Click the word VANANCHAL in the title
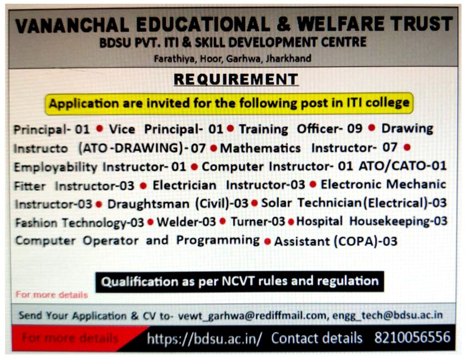[x=72, y=25]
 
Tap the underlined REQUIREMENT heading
[x=236, y=79]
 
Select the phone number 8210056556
[x=412, y=337]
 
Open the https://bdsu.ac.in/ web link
[x=204, y=338]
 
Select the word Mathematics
[x=260, y=148]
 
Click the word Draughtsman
[x=148, y=204]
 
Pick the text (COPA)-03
[x=366, y=241]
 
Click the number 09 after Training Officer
[x=355, y=129]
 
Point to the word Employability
[x=56, y=167]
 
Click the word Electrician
[x=184, y=186]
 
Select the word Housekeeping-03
[x=398, y=222]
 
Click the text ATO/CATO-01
[x=403, y=166]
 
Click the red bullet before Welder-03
[x=151, y=222]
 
